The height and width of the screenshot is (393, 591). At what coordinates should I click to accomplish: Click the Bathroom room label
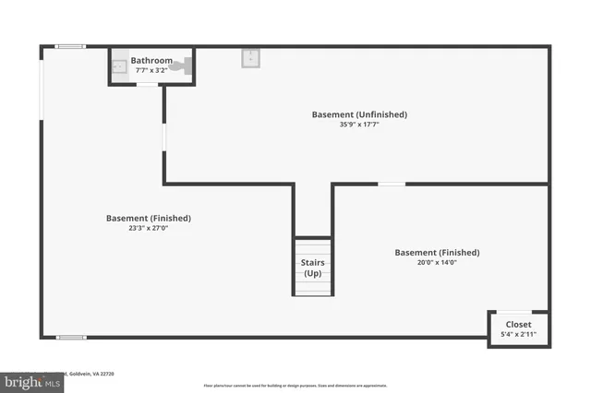[151, 60]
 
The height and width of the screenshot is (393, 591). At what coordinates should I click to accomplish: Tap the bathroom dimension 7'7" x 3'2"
[151, 69]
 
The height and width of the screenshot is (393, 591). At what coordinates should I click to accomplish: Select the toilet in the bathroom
[187, 65]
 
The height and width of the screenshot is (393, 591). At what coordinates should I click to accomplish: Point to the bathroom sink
[118, 66]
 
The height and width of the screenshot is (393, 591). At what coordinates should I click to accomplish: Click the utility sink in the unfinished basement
[250, 58]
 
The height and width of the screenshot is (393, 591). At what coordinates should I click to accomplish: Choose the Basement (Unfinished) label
[359, 114]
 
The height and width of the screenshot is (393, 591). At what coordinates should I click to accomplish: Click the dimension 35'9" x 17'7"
[359, 125]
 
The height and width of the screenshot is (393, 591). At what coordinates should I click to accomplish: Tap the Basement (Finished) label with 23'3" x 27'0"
[149, 218]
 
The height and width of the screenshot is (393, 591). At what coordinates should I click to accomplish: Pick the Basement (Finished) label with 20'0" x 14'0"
[437, 252]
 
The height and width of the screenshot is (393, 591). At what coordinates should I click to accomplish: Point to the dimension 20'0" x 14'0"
[437, 262]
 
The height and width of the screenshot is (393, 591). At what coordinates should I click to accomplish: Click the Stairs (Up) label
[312, 268]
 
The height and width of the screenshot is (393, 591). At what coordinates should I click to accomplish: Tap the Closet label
[518, 324]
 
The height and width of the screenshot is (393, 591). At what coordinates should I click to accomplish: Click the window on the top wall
[71, 46]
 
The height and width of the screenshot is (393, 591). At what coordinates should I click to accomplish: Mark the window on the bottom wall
[71, 338]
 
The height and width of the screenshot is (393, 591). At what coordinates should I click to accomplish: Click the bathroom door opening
[147, 85]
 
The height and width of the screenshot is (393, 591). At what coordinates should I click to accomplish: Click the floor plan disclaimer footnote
[295, 385]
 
